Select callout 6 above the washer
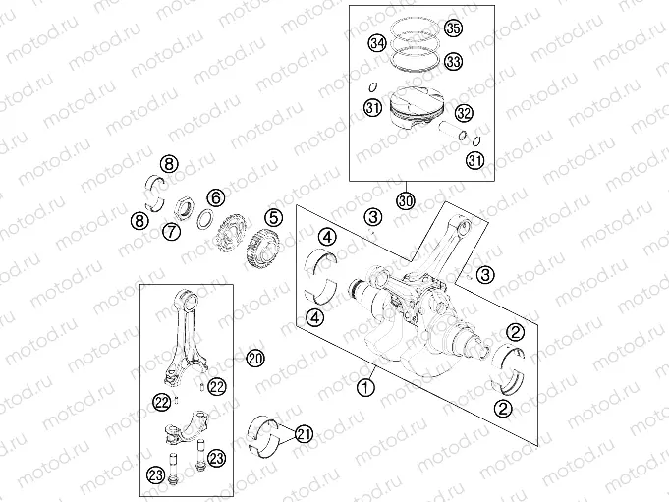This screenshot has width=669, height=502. [215, 198]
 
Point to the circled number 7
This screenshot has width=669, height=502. [171, 232]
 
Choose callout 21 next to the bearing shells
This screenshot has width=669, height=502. [304, 433]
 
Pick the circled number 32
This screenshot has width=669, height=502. [464, 113]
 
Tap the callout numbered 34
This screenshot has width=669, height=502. [376, 43]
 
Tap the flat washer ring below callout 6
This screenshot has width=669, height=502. [207, 218]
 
